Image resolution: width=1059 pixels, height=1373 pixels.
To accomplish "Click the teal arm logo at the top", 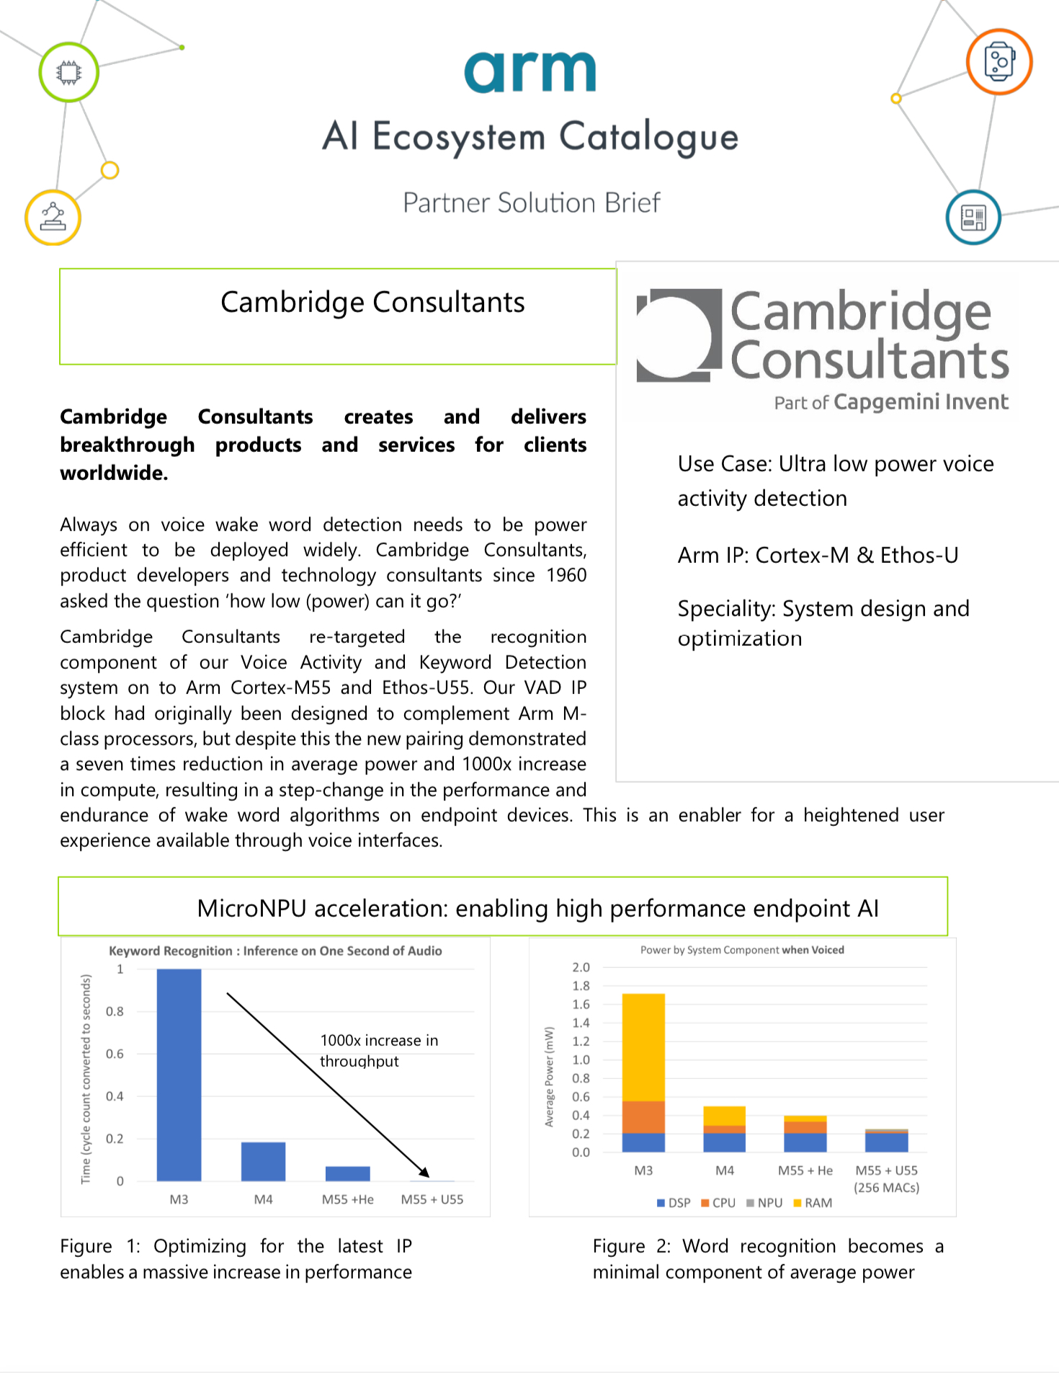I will pyautogui.click(x=529, y=72).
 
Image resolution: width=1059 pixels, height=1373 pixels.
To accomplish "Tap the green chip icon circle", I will pyautogui.click(x=68, y=72).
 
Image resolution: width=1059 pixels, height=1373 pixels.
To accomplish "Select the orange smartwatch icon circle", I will pyautogui.click(x=999, y=62).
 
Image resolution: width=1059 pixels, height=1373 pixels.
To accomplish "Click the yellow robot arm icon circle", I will pyautogui.click(x=53, y=217).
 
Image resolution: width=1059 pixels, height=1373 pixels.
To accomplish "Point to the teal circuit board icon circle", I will pyautogui.click(x=973, y=217).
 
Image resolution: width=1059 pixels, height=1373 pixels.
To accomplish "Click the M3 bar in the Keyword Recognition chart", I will pyautogui.click(x=179, y=1074).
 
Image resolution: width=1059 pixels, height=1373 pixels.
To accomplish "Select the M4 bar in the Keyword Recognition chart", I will pyautogui.click(x=263, y=1161).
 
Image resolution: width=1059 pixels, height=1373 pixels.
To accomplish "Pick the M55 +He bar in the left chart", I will pyautogui.click(x=347, y=1173).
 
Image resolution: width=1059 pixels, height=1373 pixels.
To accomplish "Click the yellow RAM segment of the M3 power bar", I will pyautogui.click(x=643, y=1047).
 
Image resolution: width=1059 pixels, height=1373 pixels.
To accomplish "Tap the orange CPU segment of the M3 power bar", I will pyautogui.click(x=643, y=1116).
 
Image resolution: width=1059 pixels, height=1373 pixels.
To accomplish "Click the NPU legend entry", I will pyautogui.click(x=764, y=1203).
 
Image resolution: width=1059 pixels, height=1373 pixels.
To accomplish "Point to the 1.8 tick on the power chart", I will pyautogui.click(x=581, y=986).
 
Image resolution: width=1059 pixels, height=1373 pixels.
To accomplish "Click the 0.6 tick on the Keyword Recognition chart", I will pyautogui.click(x=115, y=1054).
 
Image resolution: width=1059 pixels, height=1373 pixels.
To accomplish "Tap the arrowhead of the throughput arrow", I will pyautogui.click(x=425, y=1173).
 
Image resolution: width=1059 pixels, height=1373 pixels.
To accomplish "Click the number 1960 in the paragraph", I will pyautogui.click(x=566, y=575).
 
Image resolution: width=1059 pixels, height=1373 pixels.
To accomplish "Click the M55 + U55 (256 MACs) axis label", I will pyautogui.click(x=886, y=1179).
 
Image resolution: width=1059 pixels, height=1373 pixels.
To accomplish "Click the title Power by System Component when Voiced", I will pyautogui.click(x=742, y=950).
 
